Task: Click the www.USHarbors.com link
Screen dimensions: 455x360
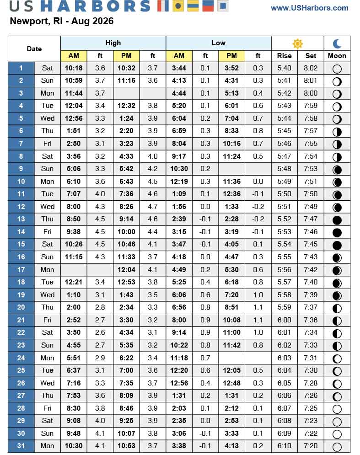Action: pyautogui.click(x=316, y=8)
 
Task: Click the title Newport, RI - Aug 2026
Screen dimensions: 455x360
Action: pyautogui.click(x=62, y=21)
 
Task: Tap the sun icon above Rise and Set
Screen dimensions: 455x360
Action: pyautogui.click(x=297, y=43)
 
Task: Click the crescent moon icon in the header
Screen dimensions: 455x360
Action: pyautogui.click(x=337, y=43)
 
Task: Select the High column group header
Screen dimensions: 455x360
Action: pyautogui.click(x=113, y=43)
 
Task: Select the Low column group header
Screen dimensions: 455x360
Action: pyautogui.click(x=218, y=43)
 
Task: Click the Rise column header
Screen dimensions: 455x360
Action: pyautogui.click(x=284, y=56)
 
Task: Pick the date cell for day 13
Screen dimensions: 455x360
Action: pyautogui.click(x=21, y=219)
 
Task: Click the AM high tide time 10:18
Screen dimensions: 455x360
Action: pyautogui.click(x=74, y=68)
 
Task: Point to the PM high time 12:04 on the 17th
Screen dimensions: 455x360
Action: pyautogui.click(x=126, y=269)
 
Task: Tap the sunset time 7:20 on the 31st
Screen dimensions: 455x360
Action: pyautogui.click(x=311, y=446)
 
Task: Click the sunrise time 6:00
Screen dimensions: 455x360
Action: pyautogui.click(x=284, y=320)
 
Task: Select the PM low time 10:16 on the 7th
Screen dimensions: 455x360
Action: pyautogui.click(x=231, y=144)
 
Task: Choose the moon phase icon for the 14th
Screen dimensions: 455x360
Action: pyautogui.click(x=337, y=232)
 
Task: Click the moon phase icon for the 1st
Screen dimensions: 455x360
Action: pyautogui.click(x=337, y=69)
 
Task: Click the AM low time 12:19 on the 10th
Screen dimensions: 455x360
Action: pyautogui.click(x=179, y=182)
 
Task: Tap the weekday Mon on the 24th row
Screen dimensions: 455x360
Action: pyautogui.click(x=47, y=358)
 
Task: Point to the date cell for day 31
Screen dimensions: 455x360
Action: pyautogui.click(x=21, y=446)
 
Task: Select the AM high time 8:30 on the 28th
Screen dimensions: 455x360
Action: pyautogui.click(x=74, y=408)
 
